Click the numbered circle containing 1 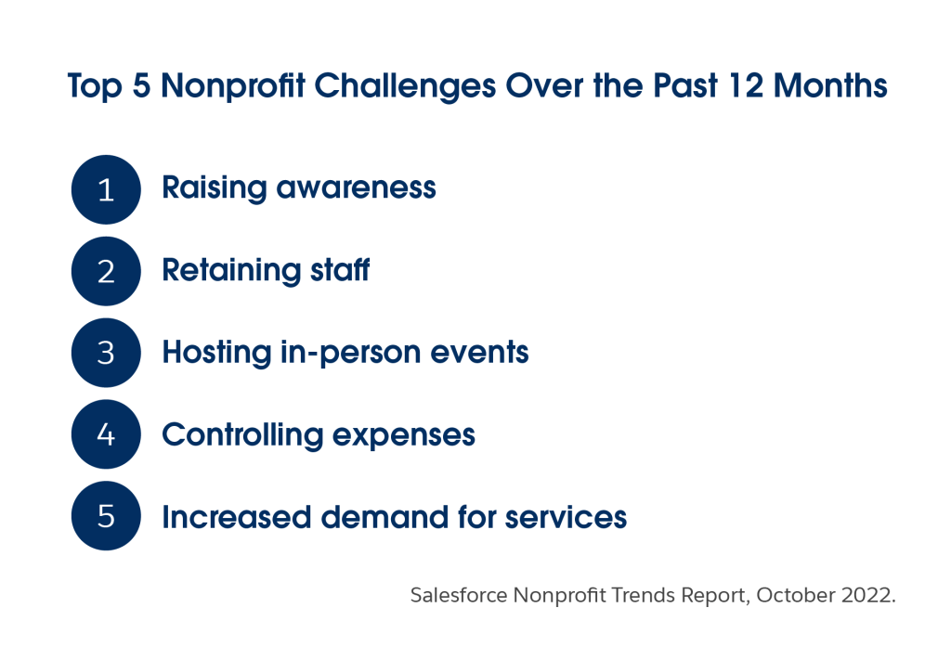click(106, 189)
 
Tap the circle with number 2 click(106, 271)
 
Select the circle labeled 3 click(106, 353)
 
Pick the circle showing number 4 click(106, 434)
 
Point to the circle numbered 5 click(106, 516)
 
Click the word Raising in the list click(215, 188)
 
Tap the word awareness click(357, 188)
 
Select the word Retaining click(231, 270)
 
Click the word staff click(340, 270)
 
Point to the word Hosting click(216, 353)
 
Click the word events click(480, 353)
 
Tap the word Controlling click(242, 435)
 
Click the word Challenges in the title click(405, 86)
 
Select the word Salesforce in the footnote click(459, 595)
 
